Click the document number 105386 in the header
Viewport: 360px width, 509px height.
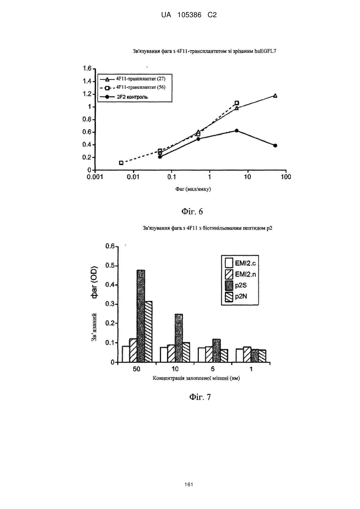click(x=189, y=15)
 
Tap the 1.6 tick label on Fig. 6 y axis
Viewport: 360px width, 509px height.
click(x=87, y=68)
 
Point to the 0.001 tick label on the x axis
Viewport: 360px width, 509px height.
click(x=95, y=177)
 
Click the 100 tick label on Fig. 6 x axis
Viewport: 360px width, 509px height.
click(x=286, y=177)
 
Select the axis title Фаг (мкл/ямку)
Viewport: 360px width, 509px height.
click(x=193, y=189)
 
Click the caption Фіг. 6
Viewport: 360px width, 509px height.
click(x=192, y=212)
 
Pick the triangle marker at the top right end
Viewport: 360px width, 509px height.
click(x=275, y=96)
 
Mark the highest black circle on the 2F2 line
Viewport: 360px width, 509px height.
click(x=237, y=131)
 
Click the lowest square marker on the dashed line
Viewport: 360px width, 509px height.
click(x=121, y=163)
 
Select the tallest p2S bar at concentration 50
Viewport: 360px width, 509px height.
click(x=141, y=316)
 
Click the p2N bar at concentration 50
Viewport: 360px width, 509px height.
click(x=149, y=331)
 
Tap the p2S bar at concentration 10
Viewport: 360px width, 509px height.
click(x=179, y=338)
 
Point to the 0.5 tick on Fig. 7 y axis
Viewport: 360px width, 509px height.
click(x=110, y=265)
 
